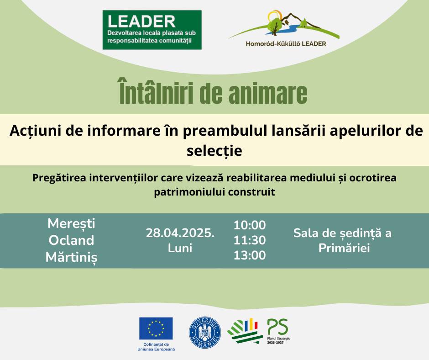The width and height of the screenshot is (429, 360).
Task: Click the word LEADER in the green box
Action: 141,21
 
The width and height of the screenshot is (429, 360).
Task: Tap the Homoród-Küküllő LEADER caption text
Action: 286,43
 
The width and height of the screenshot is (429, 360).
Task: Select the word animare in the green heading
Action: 268,93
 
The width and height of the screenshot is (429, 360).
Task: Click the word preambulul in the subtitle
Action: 225,131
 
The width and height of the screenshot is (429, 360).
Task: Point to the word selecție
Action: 214,150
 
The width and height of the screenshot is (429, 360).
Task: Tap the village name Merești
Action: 71,223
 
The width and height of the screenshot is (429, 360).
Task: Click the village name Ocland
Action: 71,240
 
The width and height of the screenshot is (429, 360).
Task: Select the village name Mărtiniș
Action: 71,258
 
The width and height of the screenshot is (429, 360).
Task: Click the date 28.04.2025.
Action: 180,233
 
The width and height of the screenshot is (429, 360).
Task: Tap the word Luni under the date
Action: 180,248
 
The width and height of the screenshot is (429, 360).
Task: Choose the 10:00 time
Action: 250,225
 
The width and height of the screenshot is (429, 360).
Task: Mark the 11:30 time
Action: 250,240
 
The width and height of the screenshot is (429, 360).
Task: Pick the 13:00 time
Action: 250,255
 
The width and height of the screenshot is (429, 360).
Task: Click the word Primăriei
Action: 344,248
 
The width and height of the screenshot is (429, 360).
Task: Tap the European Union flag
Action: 156,328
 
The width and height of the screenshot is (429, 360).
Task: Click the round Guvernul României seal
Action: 205,333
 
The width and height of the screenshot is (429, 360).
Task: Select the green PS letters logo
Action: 277,327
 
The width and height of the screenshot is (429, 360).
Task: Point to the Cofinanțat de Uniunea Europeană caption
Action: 156,347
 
